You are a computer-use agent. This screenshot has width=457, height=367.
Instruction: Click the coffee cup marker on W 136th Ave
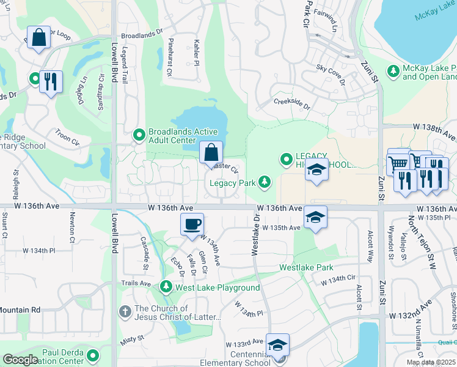tap(192, 224)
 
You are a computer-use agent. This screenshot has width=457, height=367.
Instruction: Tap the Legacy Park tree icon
tap(265, 182)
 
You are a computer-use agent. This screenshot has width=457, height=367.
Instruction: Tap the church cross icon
tap(125, 312)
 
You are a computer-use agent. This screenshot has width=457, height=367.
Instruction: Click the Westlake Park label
tap(307, 267)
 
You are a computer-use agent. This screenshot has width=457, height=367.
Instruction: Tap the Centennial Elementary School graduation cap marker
tap(277, 346)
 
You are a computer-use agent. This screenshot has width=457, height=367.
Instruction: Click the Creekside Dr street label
tap(291, 103)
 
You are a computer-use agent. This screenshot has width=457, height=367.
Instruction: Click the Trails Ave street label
tap(136, 283)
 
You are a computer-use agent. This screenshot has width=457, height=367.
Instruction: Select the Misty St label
tap(133, 338)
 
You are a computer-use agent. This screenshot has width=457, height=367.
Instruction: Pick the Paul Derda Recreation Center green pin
tap(93, 355)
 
